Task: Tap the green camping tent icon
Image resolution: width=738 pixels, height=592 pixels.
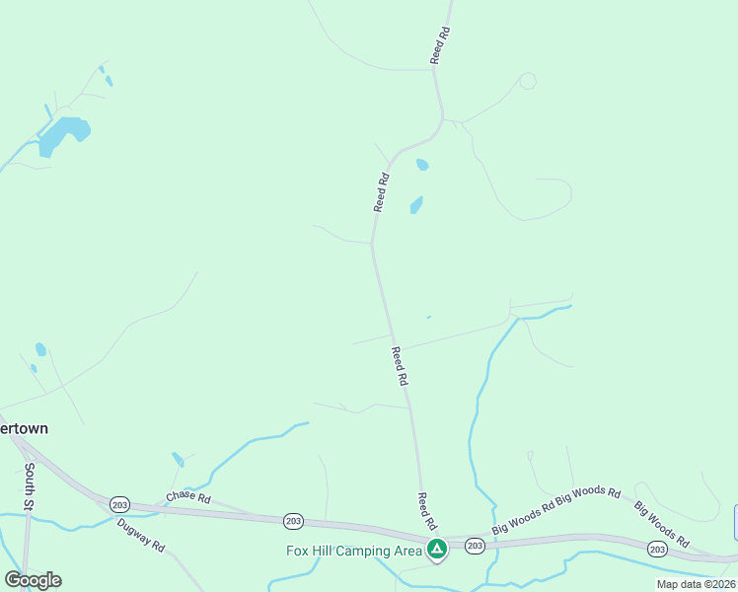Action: [437, 549]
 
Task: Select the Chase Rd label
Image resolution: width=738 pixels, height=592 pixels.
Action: [188, 495]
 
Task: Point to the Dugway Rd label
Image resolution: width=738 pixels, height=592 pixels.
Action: [139, 534]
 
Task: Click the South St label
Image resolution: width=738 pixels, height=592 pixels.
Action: [31, 485]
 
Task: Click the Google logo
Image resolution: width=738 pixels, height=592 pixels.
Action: [33, 580]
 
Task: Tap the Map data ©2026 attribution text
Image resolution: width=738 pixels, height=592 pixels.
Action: [697, 584]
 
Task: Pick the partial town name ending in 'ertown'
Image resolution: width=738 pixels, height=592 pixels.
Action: [25, 429]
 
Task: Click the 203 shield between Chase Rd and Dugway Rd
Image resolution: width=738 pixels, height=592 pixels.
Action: [119, 503]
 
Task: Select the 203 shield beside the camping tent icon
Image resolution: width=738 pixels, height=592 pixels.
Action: [475, 546]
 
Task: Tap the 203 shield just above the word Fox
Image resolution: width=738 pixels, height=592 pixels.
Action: [292, 520]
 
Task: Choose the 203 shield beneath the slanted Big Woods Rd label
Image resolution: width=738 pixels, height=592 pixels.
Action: [657, 549]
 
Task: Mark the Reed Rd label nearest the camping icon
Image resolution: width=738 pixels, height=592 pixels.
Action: [425, 510]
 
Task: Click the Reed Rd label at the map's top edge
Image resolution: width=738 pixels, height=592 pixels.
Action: [440, 46]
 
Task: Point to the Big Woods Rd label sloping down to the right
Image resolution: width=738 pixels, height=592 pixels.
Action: [661, 525]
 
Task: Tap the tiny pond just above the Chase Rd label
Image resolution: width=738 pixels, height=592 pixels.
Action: [178, 459]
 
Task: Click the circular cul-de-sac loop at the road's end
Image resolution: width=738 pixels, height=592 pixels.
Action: [528, 81]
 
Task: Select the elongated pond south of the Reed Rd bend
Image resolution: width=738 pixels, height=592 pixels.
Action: [416, 205]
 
